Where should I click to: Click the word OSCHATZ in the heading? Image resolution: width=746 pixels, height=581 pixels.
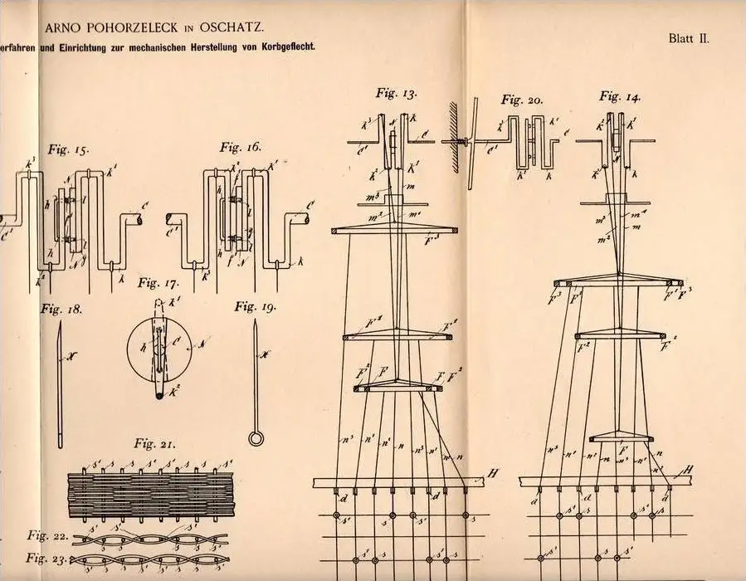pos(234,27)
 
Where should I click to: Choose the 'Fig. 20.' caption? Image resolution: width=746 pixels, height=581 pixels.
pos(522,100)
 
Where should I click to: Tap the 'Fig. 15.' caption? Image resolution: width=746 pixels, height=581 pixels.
pos(70,150)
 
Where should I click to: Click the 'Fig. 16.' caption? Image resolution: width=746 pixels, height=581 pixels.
pos(240,147)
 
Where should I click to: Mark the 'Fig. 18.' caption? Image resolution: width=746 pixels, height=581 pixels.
pos(62,309)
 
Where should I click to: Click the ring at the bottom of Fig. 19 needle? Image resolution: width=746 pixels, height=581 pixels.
pos(255,437)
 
